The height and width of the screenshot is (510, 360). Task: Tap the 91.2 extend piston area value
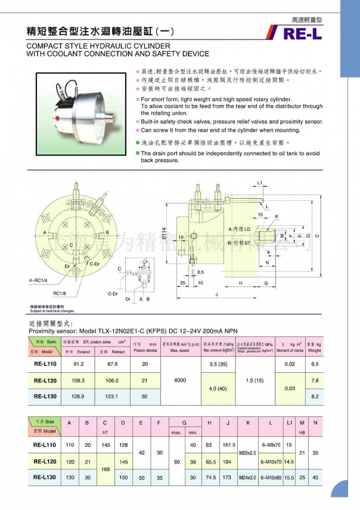78,363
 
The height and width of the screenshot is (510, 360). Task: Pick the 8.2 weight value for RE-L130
315,396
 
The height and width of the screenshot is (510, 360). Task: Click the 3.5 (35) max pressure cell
218,363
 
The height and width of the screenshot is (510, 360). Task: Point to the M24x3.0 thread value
247,477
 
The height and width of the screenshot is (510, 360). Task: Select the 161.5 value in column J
229,444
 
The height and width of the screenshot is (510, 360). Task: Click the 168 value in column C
105,469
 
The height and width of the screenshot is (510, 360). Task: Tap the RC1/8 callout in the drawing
60,293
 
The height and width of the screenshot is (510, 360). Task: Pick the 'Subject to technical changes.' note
52,311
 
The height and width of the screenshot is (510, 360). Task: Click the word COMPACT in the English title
44,46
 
